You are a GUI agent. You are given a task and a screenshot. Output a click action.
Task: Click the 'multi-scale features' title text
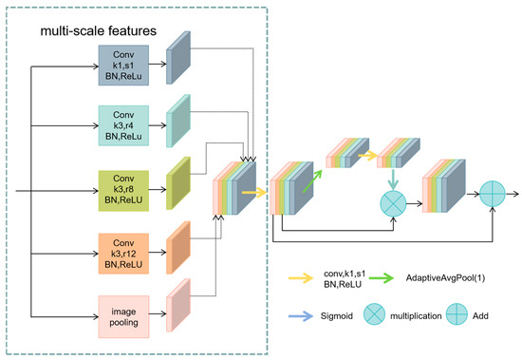[97, 32]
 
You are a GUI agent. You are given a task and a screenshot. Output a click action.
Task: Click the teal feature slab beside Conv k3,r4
[178, 123]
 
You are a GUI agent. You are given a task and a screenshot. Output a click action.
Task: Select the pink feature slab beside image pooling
[178, 305]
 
